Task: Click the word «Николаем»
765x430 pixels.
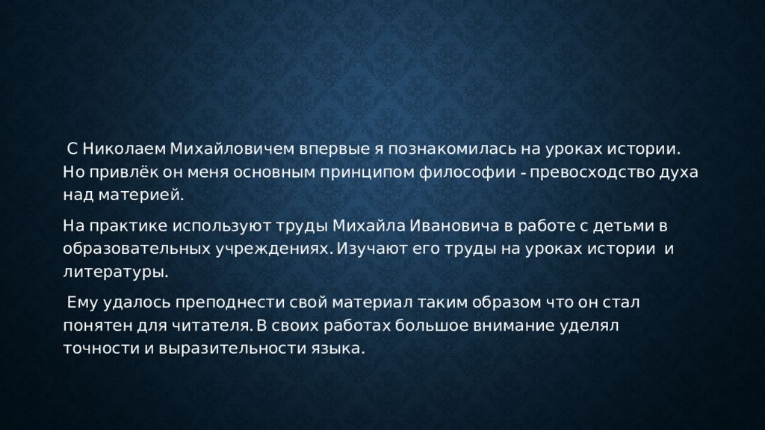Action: tap(124, 149)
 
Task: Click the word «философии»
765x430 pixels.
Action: tap(468, 172)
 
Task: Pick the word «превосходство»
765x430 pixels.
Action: tap(592, 172)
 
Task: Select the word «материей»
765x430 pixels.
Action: tap(141, 196)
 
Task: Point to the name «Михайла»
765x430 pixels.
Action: tap(369, 226)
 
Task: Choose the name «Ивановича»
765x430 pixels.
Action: tap(454, 226)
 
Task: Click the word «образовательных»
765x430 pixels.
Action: tap(137, 249)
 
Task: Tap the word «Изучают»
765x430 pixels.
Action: tap(372, 249)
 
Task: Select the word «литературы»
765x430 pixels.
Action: tap(116, 272)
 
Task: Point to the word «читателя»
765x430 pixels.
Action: tap(211, 325)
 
